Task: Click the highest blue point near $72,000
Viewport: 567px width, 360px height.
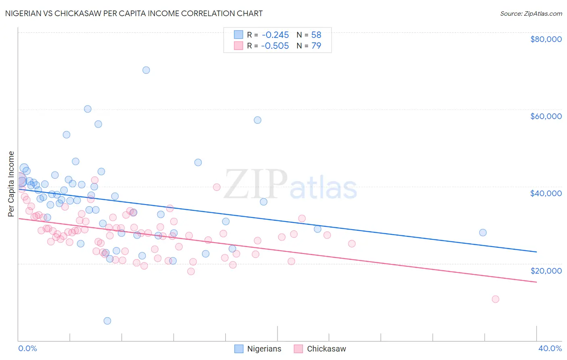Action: coord(146,70)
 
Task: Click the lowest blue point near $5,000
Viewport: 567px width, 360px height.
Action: coord(107,321)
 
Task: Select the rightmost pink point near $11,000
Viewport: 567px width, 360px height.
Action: coord(495,299)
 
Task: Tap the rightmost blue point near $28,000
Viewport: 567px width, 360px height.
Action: coord(483,232)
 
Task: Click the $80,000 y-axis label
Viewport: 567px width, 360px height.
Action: coord(546,39)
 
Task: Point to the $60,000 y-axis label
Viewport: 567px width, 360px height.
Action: coord(546,116)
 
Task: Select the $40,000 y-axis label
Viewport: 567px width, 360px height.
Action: coord(546,193)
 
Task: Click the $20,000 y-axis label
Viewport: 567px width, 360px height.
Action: coord(546,271)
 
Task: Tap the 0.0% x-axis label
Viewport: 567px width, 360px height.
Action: coord(27,348)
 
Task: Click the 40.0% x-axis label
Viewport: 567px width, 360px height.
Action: coord(550,348)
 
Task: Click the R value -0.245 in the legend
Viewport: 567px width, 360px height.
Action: coord(275,35)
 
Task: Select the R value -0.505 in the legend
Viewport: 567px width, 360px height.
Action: coord(275,46)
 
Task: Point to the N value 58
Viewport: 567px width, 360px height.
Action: coord(316,35)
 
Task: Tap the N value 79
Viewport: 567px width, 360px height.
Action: coord(316,46)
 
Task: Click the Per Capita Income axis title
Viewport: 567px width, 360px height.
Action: coord(11,184)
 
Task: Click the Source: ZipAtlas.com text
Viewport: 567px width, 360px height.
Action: coord(531,14)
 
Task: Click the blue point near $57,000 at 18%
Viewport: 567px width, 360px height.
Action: coord(257,120)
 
